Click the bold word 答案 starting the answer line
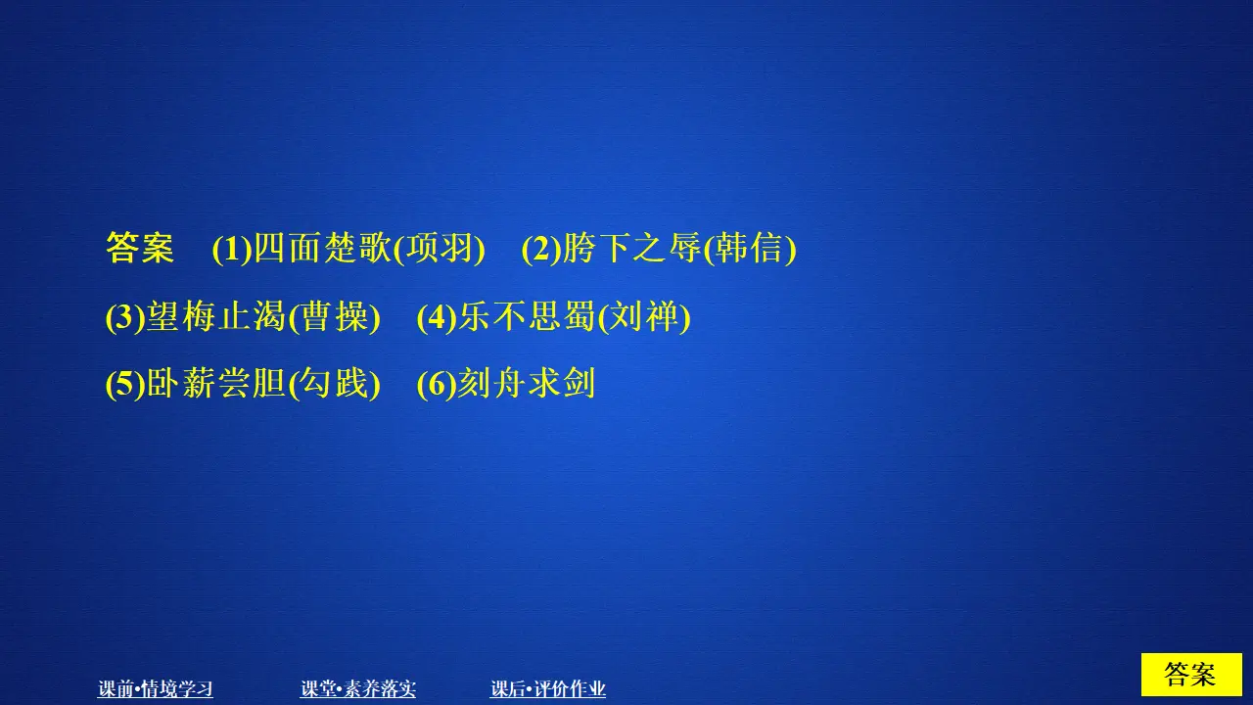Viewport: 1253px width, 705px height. [x=140, y=250]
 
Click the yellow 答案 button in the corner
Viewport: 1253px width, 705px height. [x=1190, y=675]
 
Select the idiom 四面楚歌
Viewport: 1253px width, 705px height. [x=322, y=250]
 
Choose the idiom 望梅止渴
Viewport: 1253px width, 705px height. [x=216, y=317]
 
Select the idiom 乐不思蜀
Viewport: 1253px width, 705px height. [x=527, y=317]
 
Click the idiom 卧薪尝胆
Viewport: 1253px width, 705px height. [x=216, y=384]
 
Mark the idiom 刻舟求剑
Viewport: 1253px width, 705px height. [x=527, y=384]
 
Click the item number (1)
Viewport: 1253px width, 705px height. [x=232, y=250]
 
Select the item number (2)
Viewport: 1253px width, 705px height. [x=541, y=250]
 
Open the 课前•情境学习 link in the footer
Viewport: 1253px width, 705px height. [x=156, y=689]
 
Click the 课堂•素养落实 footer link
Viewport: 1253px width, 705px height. [x=358, y=689]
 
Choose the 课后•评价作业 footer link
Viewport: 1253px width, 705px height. [x=548, y=689]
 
